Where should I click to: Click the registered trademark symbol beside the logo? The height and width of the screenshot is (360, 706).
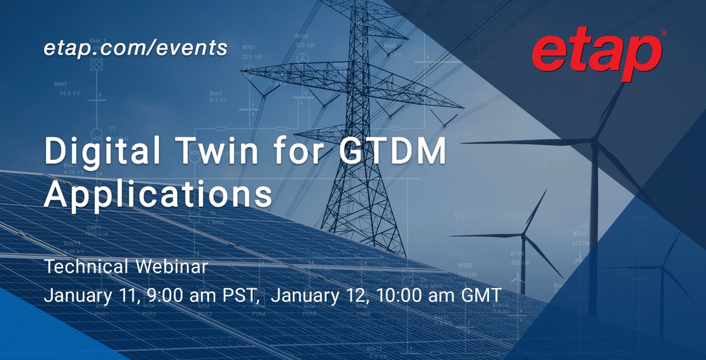pyautogui.click(x=664, y=34)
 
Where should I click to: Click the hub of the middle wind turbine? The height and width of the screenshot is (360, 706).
pyautogui.click(x=523, y=234)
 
